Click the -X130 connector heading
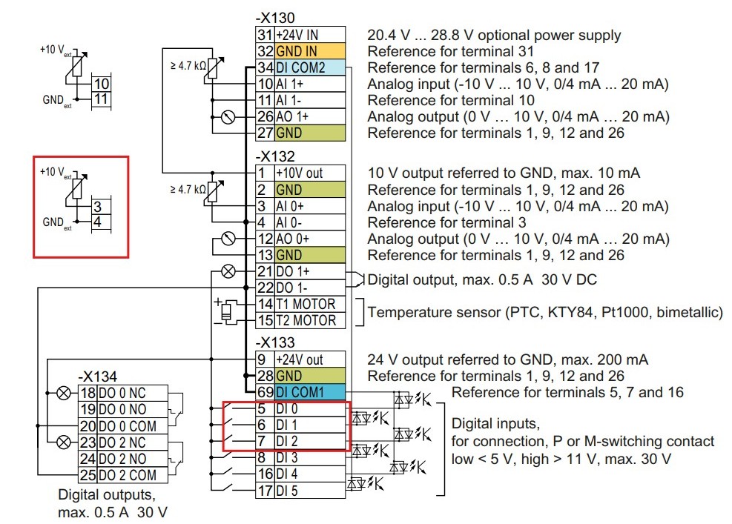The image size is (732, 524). pyautogui.click(x=275, y=18)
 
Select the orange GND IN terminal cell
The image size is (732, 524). pyautogui.click(x=310, y=51)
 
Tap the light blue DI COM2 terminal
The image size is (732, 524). pyautogui.click(x=310, y=67)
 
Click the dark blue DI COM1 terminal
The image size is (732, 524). pyautogui.click(x=310, y=392)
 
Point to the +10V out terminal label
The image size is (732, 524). pyautogui.click(x=299, y=173)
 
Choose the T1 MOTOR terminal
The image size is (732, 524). pyautogui.click(x=306, y=304)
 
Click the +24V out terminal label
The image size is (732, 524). pyautogui.click(x=299, y=359)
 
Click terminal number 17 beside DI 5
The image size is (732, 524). pyautogui.click(x=266, y=491)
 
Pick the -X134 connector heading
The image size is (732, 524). pyautogui.click(x=97, y=377)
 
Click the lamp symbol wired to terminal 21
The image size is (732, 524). pyautogui.click(x=228, y=271)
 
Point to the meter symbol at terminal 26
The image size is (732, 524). pyautogui.click(x=228, y=116)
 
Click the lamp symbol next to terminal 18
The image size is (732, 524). pyautogui.click(x=64, y=394)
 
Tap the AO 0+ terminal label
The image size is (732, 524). pyautogui.click(x=293, y=239)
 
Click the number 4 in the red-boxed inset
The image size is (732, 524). pyautogui.click(x=97, y=222)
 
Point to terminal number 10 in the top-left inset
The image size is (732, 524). pyautogui.click(x=102, y=84)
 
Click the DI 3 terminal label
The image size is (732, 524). pyautogui.click(x=287, y=458)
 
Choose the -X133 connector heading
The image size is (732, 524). pyautogui.click(x=275, y=342)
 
